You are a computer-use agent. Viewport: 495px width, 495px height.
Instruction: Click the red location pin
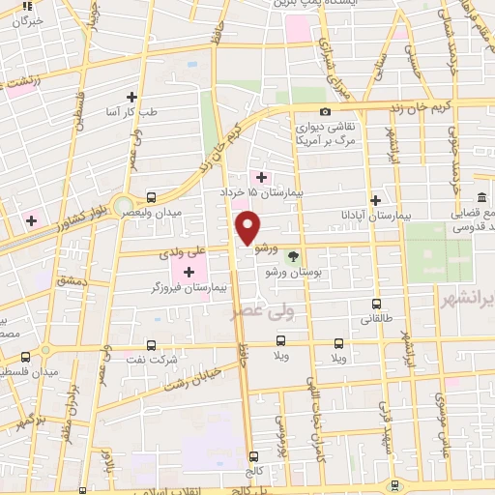247,227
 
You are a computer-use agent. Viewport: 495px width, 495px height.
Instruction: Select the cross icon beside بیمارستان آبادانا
372,198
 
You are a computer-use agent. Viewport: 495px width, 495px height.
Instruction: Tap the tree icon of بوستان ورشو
293,256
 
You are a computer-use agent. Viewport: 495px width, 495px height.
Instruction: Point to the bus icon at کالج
253,456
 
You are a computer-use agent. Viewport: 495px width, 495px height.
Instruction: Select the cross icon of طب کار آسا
131,97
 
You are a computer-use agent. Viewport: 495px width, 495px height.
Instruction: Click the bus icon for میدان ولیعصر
151,194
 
